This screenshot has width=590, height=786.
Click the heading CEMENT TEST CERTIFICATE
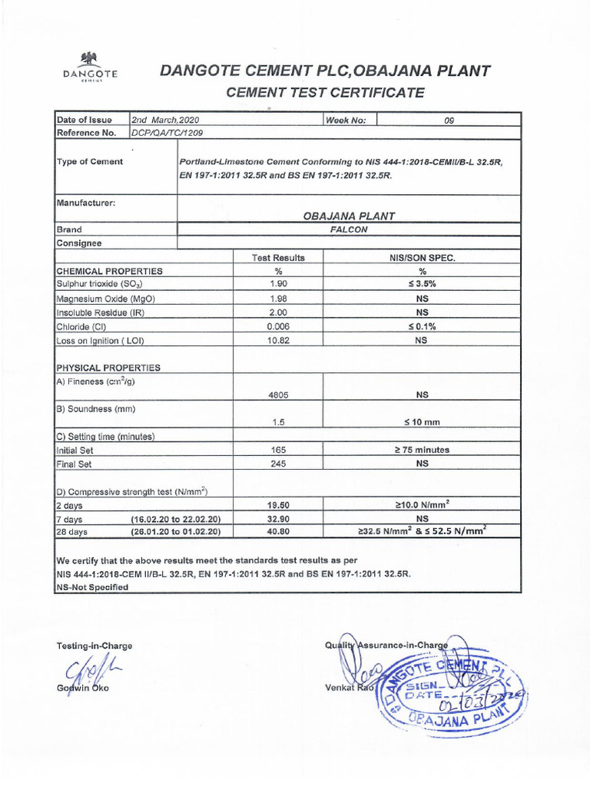coord(323,93)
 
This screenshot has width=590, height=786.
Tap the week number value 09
coord(449,120)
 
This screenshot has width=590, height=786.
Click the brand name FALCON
coord(350,229)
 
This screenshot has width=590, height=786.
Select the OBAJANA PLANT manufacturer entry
coord(350,216)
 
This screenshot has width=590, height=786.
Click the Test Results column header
coord(278,258)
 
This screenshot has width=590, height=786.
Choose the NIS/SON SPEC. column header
coord(422,258)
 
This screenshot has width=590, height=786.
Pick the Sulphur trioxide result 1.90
coord(278,285)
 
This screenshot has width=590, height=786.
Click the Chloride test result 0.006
coord(278,326)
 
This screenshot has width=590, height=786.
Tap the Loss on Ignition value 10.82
coord(278,341)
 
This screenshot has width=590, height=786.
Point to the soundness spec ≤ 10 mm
coord(422,422)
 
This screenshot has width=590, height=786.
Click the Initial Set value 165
coord(278,450)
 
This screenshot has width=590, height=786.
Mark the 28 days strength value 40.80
coord(278,530)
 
